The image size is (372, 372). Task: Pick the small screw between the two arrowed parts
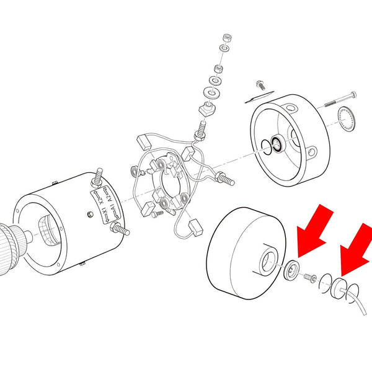[310, 277]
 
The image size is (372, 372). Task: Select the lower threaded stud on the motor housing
[119, 230]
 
